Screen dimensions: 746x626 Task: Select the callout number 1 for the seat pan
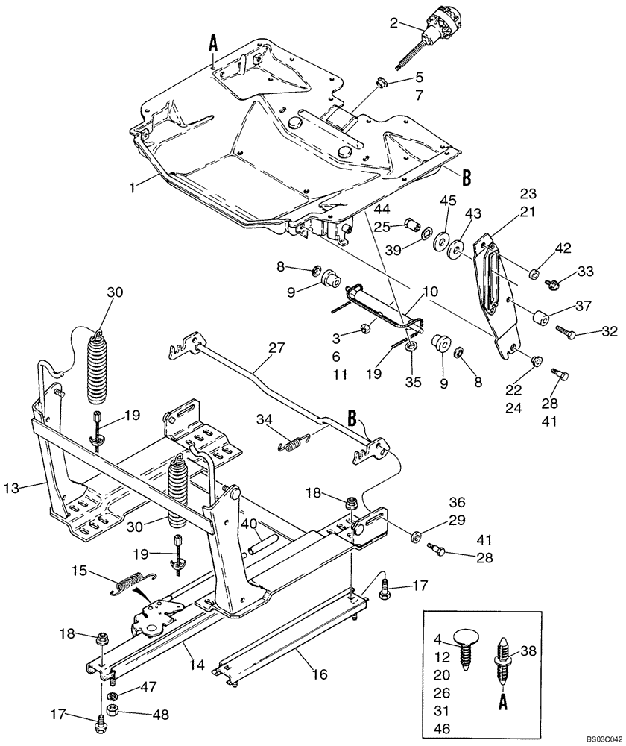[x=132, y=189]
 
